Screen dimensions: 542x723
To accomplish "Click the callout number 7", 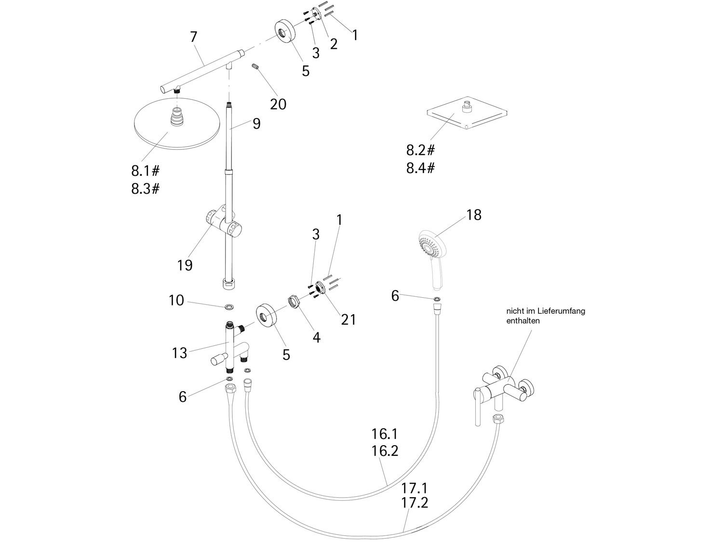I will (194, 36).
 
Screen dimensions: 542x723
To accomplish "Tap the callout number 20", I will (278, 104).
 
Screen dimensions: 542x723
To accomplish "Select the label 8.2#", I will (420, 150).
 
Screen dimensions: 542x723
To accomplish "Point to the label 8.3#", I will (145, 188).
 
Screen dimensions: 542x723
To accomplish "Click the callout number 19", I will (185, 264).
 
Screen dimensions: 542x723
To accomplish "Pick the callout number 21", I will (348, 319).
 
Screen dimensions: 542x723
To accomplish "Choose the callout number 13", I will (179, 353).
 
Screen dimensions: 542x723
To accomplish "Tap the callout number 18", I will (474, 215).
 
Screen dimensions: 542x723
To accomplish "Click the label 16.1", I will (385, 434).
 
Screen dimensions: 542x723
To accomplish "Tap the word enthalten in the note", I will (523, 320).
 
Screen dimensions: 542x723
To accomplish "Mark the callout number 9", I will (256, 124).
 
